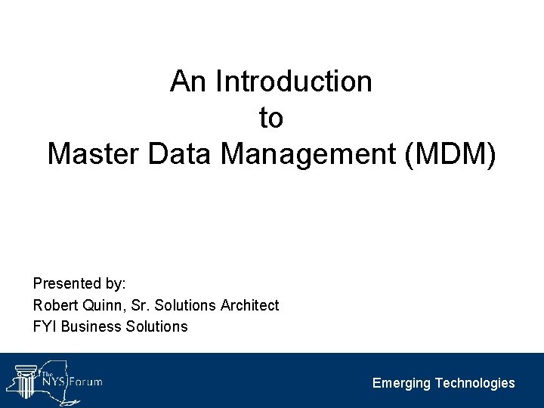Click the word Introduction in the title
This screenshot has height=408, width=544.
(x=294, y=82)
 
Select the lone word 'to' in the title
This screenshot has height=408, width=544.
(x=270, y=118)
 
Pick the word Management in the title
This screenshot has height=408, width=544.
(x=310, y=153)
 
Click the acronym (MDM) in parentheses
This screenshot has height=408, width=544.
(x=452, y=153)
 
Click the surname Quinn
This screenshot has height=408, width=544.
(x=98, y=305)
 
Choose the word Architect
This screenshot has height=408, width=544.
(x=249, y=305)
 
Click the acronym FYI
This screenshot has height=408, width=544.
(x=45, y=326)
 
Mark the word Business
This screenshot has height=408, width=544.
(x=88, y=326)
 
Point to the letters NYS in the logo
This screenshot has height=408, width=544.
(x=54, y=382)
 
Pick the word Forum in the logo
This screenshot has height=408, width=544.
(x=85, y=382)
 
